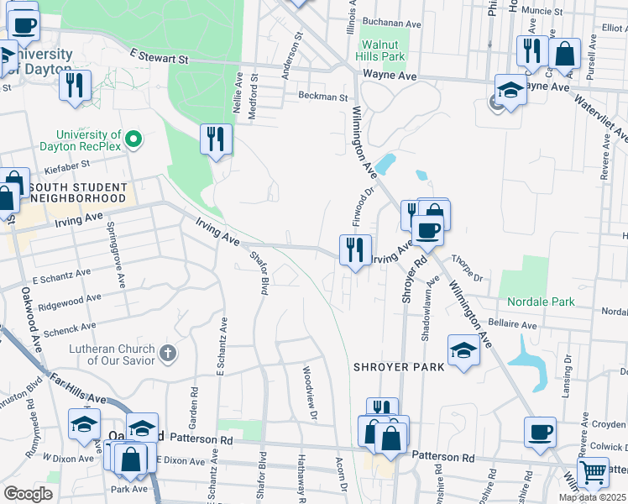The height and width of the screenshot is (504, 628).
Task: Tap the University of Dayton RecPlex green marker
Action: (x=133, y=138)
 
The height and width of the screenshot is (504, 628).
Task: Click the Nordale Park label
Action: (x=541, y=302)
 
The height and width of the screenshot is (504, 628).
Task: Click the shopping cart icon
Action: (x=594, y=474)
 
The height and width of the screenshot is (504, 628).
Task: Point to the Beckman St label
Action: (x=323, y=97)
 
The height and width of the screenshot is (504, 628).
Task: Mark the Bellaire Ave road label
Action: (x=512, y=324)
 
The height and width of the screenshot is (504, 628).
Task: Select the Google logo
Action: (x=28, y=494)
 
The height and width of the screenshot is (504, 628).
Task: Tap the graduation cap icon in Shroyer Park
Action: (x=463, y=350)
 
